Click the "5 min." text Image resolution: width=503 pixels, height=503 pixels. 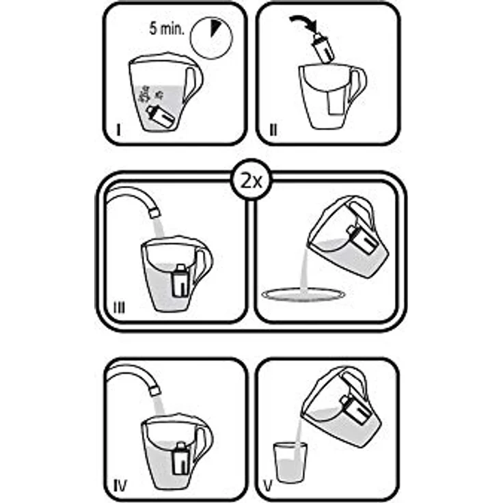(167, 29)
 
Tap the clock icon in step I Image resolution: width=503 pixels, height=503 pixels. (210, 38)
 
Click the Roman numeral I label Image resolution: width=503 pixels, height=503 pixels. (119, 131)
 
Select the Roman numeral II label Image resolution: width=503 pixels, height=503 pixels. (273, 131)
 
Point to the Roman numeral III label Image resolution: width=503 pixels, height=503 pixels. (120, 308)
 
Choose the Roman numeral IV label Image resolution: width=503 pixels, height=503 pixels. (120, 486)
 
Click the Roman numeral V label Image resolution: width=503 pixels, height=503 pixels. (268, 486)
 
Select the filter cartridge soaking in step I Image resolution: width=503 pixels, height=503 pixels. (161, 116)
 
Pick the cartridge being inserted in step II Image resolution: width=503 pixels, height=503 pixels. (323, 48)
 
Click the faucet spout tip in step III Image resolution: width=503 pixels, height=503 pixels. (154, 213)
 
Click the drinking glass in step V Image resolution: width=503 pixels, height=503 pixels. (290, 462)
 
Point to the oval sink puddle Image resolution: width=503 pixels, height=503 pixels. (303, 295)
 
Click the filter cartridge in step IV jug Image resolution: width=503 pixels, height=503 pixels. (180, 459)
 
